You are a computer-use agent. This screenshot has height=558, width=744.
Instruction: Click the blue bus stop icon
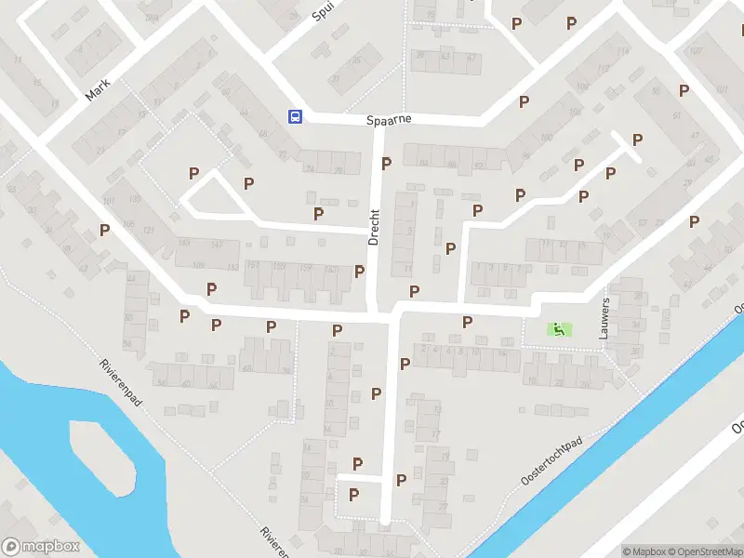(x=295, y=116)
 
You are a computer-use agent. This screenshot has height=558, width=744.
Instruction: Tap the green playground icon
(x=558, y=328)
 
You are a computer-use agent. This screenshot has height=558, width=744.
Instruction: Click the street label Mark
(x=98, y=89)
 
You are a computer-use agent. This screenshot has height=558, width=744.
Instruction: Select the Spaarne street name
(x=388, y=120)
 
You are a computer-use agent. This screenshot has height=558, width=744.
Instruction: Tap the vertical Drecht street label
(x=374, y=226)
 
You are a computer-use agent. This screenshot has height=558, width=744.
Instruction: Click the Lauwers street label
(x=605, y=318)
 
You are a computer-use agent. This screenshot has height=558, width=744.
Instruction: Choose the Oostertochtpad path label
(x=551, y=461)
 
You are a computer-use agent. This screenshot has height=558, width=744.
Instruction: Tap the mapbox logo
(x=41, y=547)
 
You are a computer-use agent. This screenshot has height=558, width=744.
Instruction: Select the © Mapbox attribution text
(x=644, y=551)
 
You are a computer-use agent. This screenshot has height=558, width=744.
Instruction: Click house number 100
(x=583, y=86)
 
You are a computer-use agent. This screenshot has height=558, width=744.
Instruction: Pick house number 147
(x=218, y=245)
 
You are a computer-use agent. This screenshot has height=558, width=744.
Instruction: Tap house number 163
(x=183, y=245)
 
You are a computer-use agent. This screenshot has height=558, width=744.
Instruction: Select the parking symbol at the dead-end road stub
(x=637, y=140)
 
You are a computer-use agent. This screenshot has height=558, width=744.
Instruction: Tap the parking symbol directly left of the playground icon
(x=468, y=322)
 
